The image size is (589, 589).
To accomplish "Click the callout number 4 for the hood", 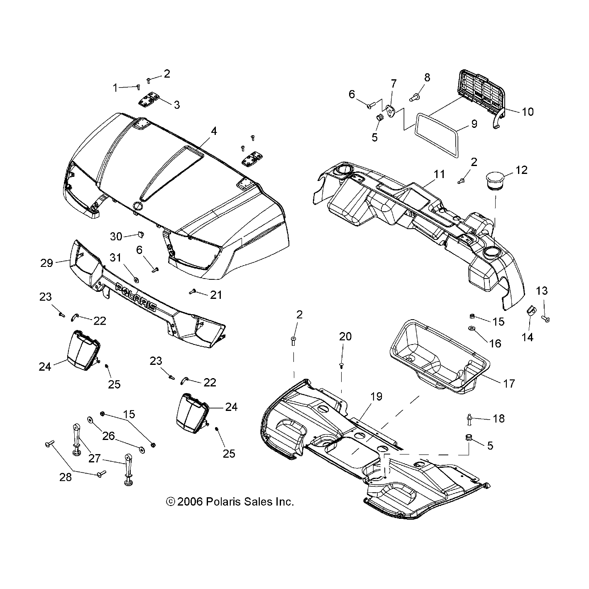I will [x=213, y=132].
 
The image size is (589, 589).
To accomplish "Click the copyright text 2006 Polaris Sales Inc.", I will [x=230, y=502].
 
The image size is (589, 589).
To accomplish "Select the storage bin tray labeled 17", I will [x=438, y=357].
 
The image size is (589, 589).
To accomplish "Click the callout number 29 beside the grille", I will [x=47, y=263].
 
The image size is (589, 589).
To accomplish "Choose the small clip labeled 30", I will [x=140, y=235].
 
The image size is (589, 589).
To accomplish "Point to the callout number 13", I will [x=542, y=291].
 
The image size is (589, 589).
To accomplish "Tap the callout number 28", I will [x=65, y=477].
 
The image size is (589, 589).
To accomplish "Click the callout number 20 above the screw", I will [x=345, y=336].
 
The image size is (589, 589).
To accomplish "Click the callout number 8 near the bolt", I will [x=427, y=78].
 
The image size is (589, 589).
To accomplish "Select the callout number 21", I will [x=216, y=295].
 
